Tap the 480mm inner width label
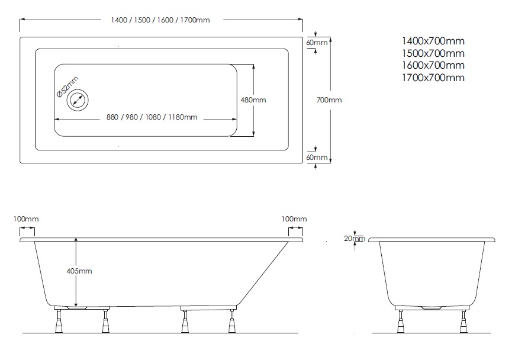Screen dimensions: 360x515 point(253,100)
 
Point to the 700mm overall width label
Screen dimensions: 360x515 point(330,100)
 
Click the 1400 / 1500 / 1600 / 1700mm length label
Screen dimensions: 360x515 point(160,20)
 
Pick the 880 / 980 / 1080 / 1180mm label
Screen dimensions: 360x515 point(152,117)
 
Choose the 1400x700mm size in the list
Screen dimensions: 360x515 point(433,41)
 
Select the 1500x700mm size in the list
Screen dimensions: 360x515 point(433,53)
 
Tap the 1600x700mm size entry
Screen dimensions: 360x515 point(433,65)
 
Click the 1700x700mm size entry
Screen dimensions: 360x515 point(433,78)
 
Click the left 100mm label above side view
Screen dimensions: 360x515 point(25,220)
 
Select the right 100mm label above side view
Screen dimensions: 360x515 point(294,220)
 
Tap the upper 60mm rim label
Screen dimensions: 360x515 point(317,43)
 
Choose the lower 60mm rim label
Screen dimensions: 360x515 point(317,157)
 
